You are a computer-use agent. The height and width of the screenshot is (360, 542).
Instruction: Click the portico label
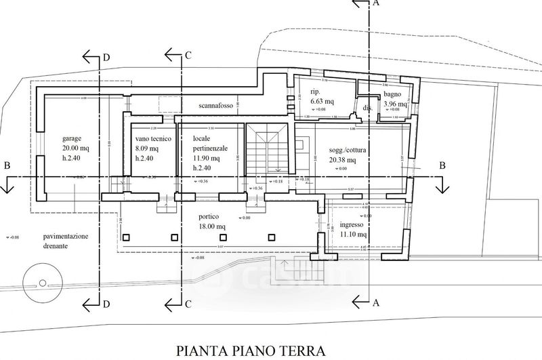click(x=209, y=218)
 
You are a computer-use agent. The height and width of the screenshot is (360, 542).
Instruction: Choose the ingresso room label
click(x=352, y=224)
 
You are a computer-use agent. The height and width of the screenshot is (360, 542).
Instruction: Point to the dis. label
click(x=368, y=108)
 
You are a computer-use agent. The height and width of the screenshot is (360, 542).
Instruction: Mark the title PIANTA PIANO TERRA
click(x=251, y=351)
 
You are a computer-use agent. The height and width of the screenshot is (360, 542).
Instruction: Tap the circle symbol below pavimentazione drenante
click(x=39, y=281)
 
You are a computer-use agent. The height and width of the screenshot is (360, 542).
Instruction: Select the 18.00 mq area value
click(x=210, y=228)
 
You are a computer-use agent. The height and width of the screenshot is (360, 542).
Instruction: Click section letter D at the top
click(x=106, y=57)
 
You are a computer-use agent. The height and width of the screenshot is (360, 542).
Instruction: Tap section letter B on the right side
click(x=441, y=165)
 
